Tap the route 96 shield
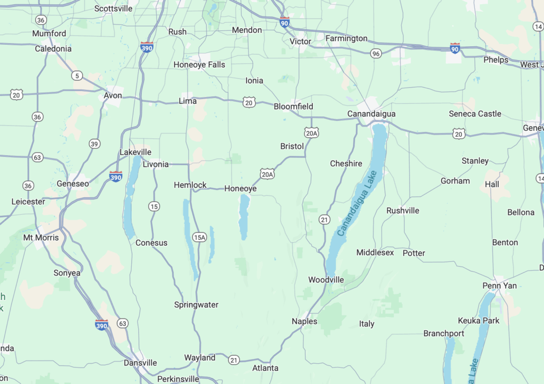pyautogui.click(x=376, y=53)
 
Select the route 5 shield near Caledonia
pyautogui.click(x=78, y=76)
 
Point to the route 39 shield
pyautogui.click(x=95, y=144)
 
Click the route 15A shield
pyautogui.click(x=199, y=237)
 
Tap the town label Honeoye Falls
pyautogui.click(x=199, y=65)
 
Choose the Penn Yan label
pyautogui.click(x=499, y=286)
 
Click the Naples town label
pyautogui.click(x=304, y=321)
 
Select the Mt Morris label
pyautogui.click(x=41, y=237)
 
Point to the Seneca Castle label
pyautogui.click(x=474, y=114)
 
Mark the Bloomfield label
pyautogui.click(x=293, y=106)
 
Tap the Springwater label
pyautogui.click(x=196, y=305)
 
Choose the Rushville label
pyautogui.click(x=403, y=211)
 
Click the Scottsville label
pyautogui.click(x=114, y=9)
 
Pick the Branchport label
pyautogui.click(x=444, y=333)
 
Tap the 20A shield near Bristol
pyautogui.click(x=312, y=132)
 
